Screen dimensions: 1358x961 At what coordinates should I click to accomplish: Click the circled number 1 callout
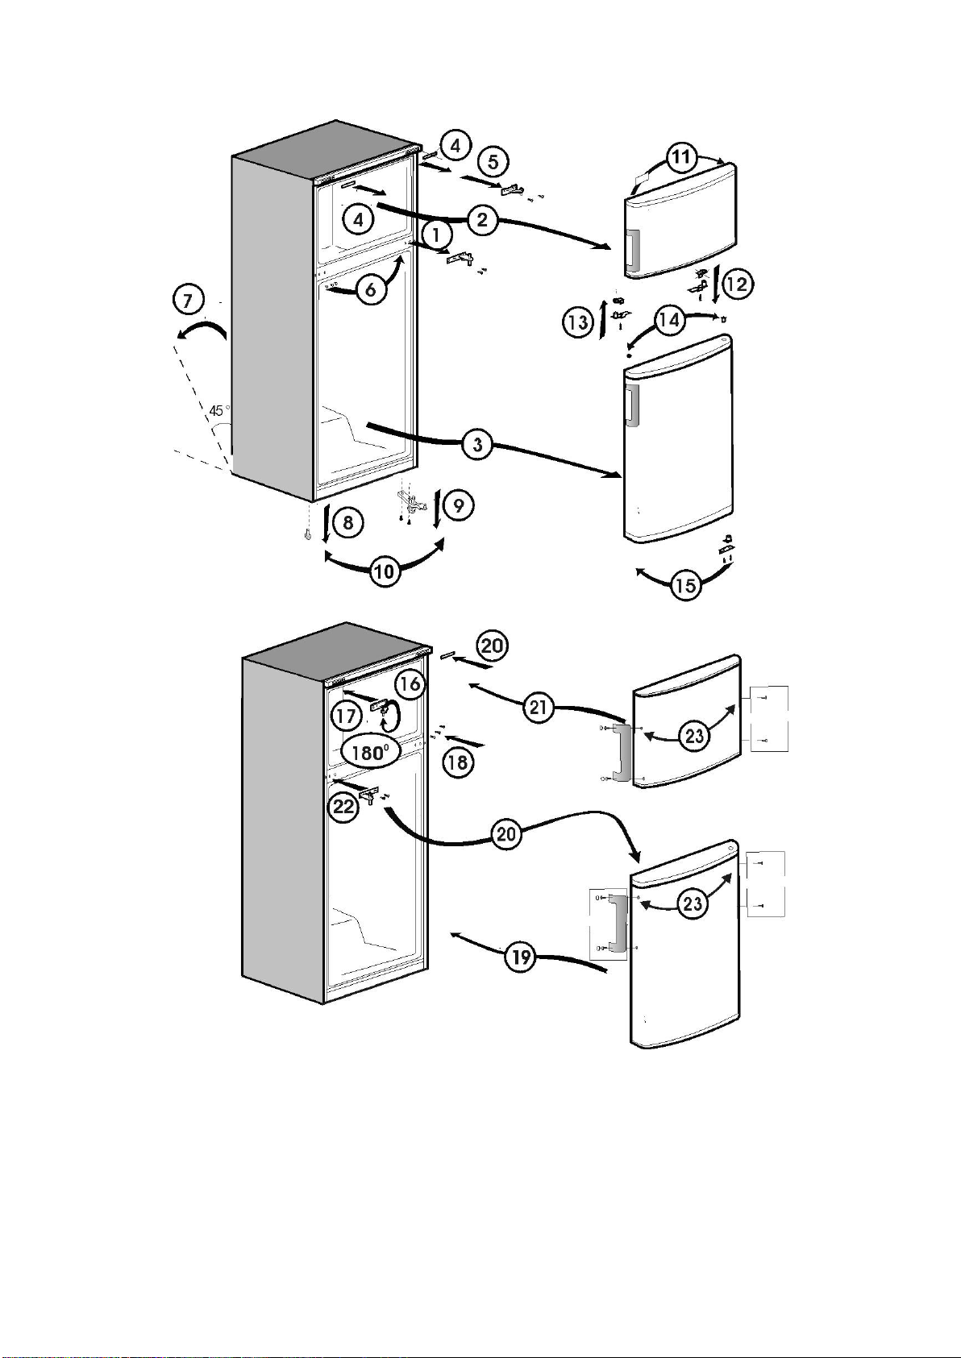pos(436,235)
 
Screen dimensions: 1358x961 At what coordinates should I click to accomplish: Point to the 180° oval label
pos(371,754)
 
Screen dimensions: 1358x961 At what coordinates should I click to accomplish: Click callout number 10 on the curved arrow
pos(385,572)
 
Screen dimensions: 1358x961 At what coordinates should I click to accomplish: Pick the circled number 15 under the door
pos(685,584)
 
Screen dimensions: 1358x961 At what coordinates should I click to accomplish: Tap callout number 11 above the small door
pos(682,156)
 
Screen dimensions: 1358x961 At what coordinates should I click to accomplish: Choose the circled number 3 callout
pos(478,444)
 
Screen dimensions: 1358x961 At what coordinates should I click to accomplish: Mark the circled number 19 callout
pos(521,957)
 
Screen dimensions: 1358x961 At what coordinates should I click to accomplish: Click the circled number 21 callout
pos(539,708)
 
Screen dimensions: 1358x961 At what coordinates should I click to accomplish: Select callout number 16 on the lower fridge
pos(410,684)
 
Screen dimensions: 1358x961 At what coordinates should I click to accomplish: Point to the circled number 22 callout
pos(345,807)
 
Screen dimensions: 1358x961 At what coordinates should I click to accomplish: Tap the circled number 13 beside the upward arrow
pos(577,323)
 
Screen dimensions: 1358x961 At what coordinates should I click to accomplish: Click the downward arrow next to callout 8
pos(325,522)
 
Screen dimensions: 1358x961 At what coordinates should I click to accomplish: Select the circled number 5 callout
pos(493,161)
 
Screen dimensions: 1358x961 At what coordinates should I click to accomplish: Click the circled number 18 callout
pos(457,762)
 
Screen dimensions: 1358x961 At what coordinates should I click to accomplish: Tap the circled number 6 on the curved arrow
pos(371,289)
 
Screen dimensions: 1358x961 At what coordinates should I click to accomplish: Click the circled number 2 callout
pos(481,219)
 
